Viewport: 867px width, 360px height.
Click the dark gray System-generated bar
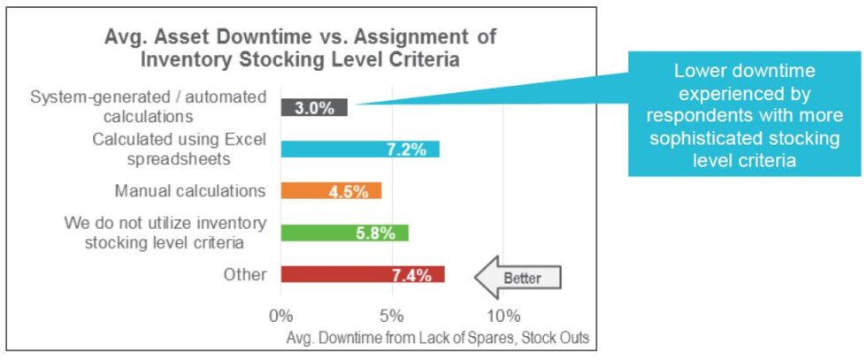point(313,107)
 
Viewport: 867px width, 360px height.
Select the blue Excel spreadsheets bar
point(359,149)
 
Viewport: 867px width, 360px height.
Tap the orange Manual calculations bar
point(330,191)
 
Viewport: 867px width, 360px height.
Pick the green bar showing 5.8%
point(344,233)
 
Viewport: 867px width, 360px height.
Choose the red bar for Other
point(362,274)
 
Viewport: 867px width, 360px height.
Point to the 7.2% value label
point(407,149)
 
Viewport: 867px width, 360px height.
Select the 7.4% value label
point(411,274)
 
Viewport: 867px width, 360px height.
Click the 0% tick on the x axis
point(280,315)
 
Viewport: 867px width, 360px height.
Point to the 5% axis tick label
point(392,315)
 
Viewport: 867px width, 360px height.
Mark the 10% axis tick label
point(503,315)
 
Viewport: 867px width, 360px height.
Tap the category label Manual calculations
point(189,191)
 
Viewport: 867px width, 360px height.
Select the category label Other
point(245,274)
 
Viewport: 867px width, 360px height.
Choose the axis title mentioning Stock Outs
point(438,338)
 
